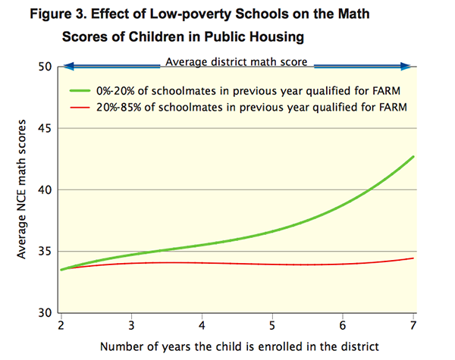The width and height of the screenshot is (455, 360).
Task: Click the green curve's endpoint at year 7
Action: pos(414,157)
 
